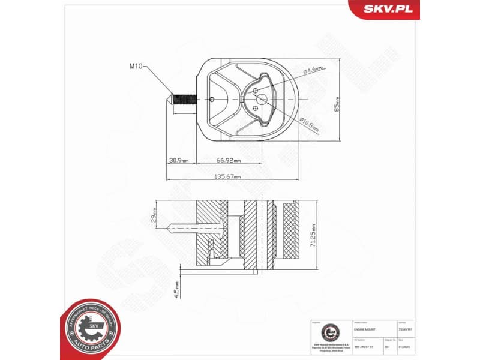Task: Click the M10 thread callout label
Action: [x=135, y=67]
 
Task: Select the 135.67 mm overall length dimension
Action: [x=228, y=177]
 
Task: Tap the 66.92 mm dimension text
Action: [x=229, y=161]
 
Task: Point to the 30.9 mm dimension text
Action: [x=179, y=161]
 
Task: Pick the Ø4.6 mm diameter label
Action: [x=313, y=70]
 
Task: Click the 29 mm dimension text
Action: [x=154, y=215]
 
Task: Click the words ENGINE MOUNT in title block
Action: [x=367, y=330]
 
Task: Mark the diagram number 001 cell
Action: [x=388, y=346]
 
